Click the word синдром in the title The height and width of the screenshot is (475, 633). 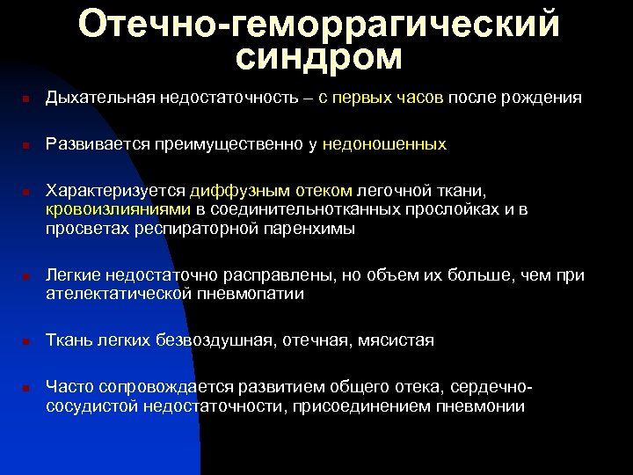[x=318, y=58]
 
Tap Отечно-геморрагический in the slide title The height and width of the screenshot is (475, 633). [x=318, y=24]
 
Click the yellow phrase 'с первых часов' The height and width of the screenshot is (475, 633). [x=382, y=98]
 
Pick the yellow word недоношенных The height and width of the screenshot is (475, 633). [x=384, y=143]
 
